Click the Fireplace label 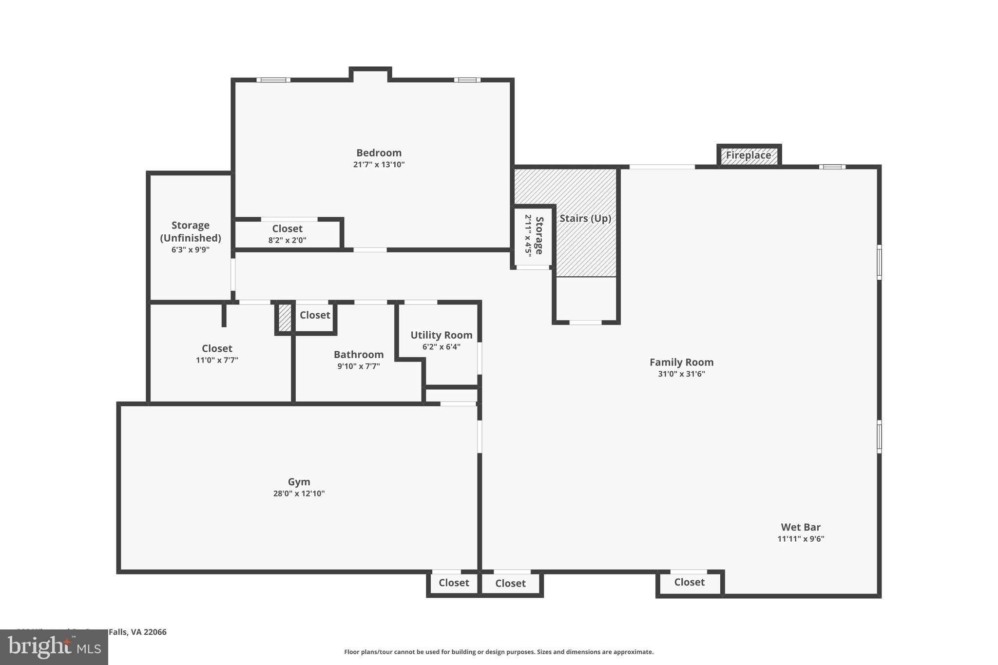click(x=748, y=155)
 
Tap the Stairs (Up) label click(x=585, y=218)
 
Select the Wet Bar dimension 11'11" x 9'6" click(x=800, y=539)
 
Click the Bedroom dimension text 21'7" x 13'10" click(x=379, y=165)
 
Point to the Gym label click(x=299, y=481)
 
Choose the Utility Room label click(x=441, y=335)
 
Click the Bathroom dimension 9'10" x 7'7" click(x=358, y=366)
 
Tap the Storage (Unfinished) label click(x=190, y=231)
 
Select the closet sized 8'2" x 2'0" click(x=287, y=234)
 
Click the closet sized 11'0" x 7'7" click(x=217, y=354)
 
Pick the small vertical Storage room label click(x=539, y=235)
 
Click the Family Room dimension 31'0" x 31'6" click(x=681, y=374)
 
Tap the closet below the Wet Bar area click(x=689, y=582)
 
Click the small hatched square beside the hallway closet click(x=285, y=317)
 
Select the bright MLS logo click(x=54, y=647)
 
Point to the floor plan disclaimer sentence click(x=499, y=652)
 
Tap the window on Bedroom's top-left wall click(x=273, y=80)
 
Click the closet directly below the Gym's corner click(x=454, y=583)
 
